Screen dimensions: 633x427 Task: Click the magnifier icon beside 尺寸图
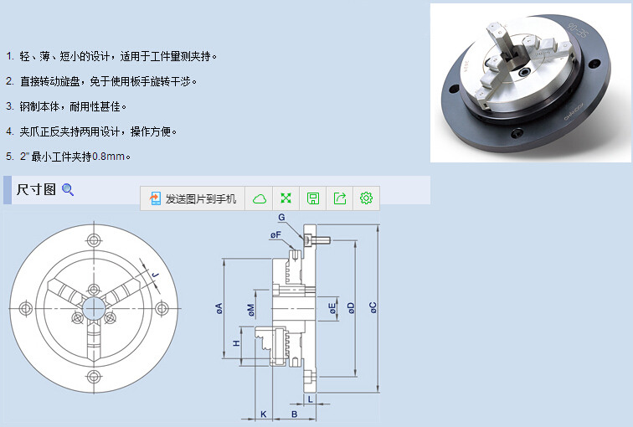(68, 190)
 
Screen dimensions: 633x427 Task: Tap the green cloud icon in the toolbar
(260, 198)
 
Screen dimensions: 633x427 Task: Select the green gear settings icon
(366, 198)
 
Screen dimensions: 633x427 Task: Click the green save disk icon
(313, 198)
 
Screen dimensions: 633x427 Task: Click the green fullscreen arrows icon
(286, 198)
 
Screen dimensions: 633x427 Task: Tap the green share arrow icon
(340, 198)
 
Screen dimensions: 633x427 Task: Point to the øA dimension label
(219, 309)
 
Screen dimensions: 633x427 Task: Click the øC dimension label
(373, 307)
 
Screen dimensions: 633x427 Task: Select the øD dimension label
(351, 308)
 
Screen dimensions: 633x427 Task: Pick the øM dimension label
(250, 310)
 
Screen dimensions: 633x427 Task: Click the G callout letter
(281, 218)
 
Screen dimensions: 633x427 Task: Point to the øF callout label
(275, 235)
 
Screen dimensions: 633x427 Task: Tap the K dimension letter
(264, 414)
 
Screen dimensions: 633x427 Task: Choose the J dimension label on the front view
(156, 275)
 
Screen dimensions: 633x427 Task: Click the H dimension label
(237, 343)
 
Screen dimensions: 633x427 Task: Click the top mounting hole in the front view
(94, 240)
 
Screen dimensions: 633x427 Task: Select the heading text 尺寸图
(36, 189)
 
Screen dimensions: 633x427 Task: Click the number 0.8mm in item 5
(108, 157)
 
